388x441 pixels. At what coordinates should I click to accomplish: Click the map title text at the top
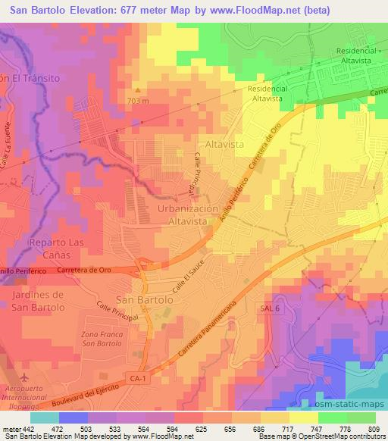coord(194,11)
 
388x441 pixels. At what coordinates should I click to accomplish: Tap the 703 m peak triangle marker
coord(137,89)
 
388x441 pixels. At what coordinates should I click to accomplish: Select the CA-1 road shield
coord(136,377)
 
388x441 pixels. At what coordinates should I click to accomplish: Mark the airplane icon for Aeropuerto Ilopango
coord(22,377)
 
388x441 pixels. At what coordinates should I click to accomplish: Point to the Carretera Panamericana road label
coord(216,330)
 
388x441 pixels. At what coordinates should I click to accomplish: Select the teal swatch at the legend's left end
coord(44,418)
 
